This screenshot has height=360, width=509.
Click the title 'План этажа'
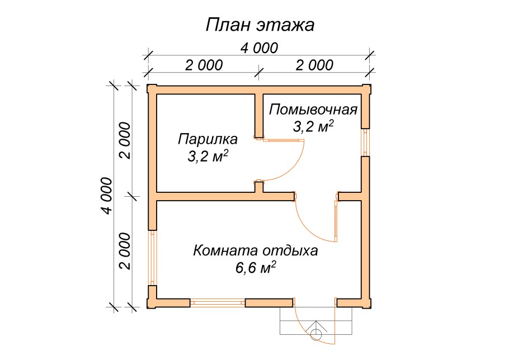[x=260, y=25]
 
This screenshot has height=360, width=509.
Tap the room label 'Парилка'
[x=208, y=138]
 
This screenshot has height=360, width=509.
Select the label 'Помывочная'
[x=313, y=109]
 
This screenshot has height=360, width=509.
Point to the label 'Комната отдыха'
[x=255, y=250]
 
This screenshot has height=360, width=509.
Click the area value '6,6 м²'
[x=255, y=268]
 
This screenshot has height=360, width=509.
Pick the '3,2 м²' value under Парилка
[x=208, y=157]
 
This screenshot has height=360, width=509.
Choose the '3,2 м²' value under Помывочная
[x=313, y=126]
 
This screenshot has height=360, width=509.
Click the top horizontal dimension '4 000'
[x=259, y=48]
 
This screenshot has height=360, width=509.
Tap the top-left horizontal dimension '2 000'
[x=204, y=65]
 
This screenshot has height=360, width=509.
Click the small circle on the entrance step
[x=316, y=334]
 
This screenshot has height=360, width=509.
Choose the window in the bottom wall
[x=218, y=302]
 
